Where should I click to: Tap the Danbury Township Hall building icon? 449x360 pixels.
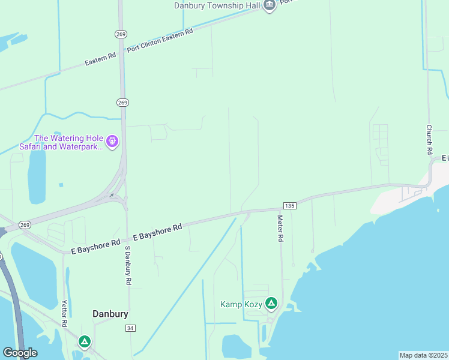pos(269,5)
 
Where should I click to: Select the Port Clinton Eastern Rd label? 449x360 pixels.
pos(160,41)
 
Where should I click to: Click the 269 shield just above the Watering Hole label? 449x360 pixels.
pos(122,103)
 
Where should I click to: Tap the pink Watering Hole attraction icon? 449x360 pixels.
pos(112,142)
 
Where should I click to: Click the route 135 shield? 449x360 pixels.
pos(289,206)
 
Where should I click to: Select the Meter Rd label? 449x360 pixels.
pos(280,229)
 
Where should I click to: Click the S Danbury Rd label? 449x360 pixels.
pos(128,265)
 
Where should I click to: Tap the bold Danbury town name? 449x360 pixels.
pos(110,314)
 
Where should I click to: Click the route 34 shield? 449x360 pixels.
pos(130,328)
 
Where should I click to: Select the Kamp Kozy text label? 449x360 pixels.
pos(241,304)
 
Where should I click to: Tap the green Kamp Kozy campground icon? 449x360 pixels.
pos(271,304)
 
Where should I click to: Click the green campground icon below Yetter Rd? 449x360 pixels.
pos(85,342)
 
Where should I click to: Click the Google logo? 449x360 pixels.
pos(20,353)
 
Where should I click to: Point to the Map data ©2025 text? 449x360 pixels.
pos(423,355)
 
